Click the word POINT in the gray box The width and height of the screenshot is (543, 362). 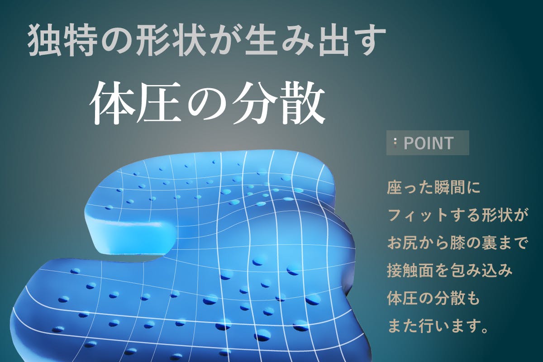click(x=428, y=143)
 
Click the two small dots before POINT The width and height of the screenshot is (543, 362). click(x=395, y=143)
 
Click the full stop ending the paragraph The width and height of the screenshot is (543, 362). click(x=485, y=330)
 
